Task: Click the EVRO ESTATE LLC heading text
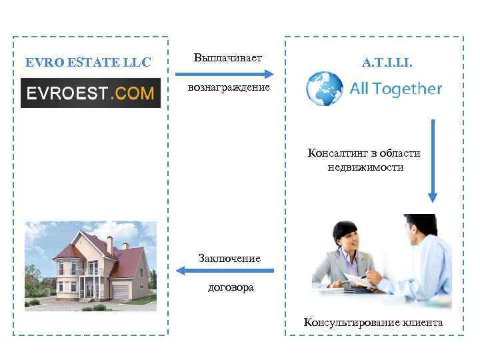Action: (89, 63)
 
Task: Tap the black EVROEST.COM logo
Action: (91, 93)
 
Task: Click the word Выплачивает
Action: (228, 59)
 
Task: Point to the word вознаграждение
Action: (229, 87)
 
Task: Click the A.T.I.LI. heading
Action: (387, 63)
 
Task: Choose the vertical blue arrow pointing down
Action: (433, 160)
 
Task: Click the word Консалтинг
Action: (335, 153)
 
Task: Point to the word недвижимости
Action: (365, 167)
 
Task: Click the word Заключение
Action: (229, 258)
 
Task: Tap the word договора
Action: (229, 287)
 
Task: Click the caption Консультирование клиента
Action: (373, 323)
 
